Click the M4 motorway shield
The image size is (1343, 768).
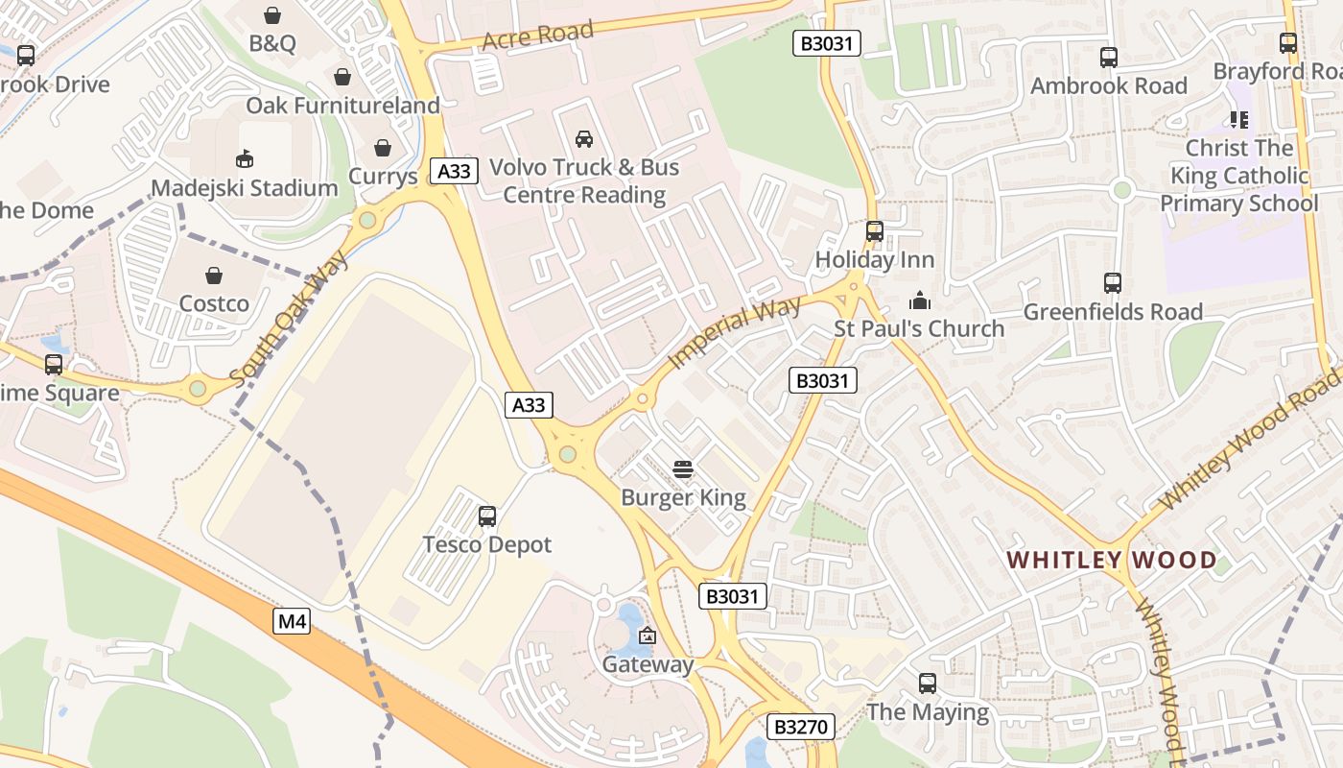pyautogui.click(x=292, y=622)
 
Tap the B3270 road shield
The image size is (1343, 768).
pyautogui.click(x=800, y=727)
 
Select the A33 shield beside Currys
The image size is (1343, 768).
pyautogui.click(x=454, y=172)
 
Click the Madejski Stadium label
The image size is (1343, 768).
pyautogui.click(x=245, y=188)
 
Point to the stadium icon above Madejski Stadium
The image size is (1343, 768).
pyautogui.click(x=245, y=158)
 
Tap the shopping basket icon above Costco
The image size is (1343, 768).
pyautogui.click(x=214, y=276)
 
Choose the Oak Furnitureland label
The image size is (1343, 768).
pyautogui.click(x=342, y=106)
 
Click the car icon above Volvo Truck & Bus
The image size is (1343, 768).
pyautogui.click(x=583, y=139)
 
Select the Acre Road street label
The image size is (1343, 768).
pyautogui.click(x=538, y=36)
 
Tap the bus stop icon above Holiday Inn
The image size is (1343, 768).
pyautogui.click(x=874, y=231)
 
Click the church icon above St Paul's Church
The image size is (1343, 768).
pyautogui.click(x=919, y=301)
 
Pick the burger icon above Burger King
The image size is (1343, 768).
pyautogui.click(x=683, y=469)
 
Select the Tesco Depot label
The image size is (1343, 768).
pyautogui.click(x=487, y=545)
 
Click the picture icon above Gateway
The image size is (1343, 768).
pyautogui.click(x=648, y=636)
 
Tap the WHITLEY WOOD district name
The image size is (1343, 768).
pyautogui.click(x=1111, y=560)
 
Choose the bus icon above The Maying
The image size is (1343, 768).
pyautogui.click(x=927, y=684)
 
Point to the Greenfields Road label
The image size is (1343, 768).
pyautogui.click(x=1113, y=312)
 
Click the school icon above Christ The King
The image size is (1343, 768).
pyautogui.click(x=1238, y=120)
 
